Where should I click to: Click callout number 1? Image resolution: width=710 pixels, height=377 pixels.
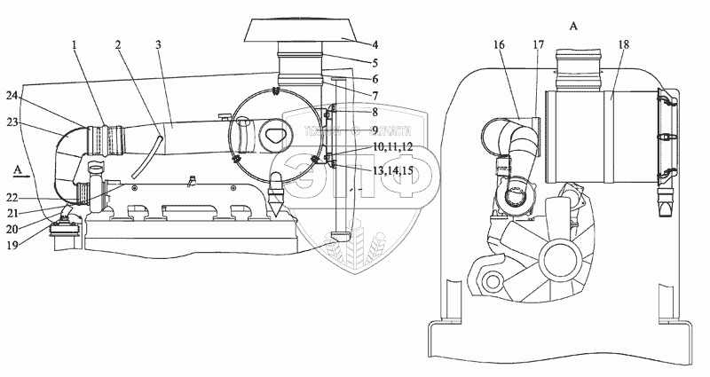75,43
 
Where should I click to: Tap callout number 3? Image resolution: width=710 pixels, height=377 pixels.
159,43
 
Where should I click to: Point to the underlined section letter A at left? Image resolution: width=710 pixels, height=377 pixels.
19,167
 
